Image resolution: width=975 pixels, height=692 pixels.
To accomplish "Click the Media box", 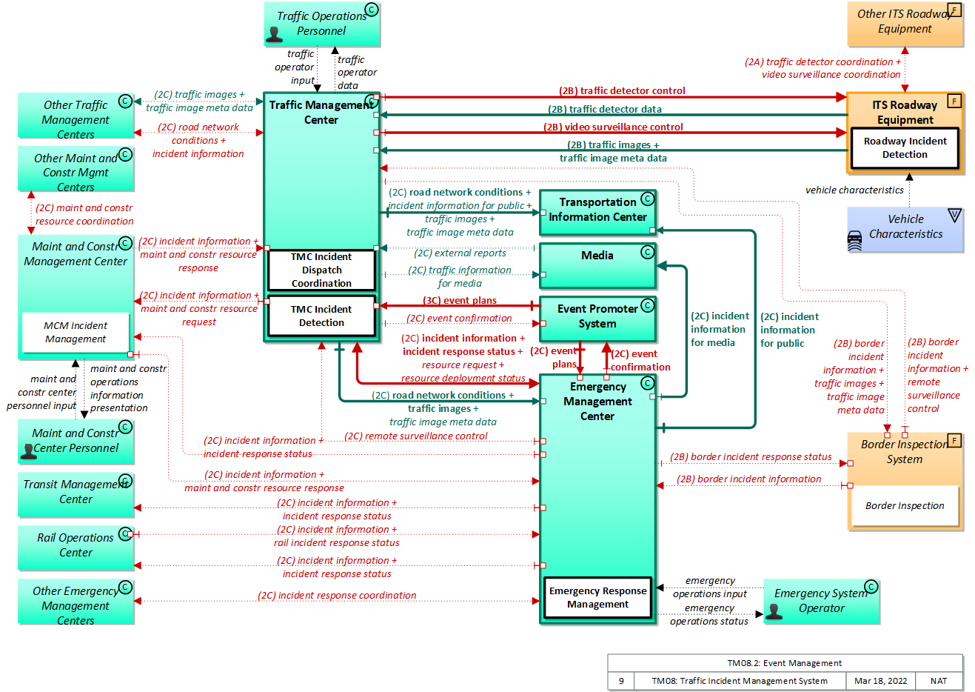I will pos(597,265).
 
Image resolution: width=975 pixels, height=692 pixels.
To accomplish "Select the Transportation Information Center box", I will pos(597,212).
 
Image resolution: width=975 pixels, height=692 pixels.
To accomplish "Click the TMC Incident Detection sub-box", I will pos(321,316).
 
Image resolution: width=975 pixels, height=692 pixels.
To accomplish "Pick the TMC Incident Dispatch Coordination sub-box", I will pos(321,270).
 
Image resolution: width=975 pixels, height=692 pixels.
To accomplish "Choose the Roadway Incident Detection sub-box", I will pos(905,148).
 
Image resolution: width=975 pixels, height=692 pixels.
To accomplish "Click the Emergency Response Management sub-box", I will pos(597,597).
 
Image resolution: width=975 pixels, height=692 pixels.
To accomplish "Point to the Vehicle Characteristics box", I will pos(905,230).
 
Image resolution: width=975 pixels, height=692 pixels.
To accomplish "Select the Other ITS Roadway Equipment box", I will pos(905,23).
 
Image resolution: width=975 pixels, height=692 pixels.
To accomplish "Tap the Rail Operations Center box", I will pos(76,548).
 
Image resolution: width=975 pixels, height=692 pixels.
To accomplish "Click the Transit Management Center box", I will pos(76,494).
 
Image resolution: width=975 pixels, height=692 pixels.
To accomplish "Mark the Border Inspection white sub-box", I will pos(905,506).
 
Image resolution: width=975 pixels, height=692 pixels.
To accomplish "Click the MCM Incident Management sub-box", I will pos(76,332).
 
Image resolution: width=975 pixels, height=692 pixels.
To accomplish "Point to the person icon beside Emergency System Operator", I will pos(774,611).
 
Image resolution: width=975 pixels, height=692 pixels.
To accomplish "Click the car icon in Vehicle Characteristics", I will pos(855,241).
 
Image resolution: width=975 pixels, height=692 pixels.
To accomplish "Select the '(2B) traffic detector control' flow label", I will pos(622,91).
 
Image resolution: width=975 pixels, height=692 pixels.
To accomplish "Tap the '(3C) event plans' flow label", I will pos(460,301).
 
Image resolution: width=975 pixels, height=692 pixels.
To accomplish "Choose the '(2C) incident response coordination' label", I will pos(337,596).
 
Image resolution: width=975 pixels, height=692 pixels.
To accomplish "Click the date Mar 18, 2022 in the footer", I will pos(880,681).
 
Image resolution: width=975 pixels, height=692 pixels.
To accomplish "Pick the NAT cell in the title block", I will pos(939,681).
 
